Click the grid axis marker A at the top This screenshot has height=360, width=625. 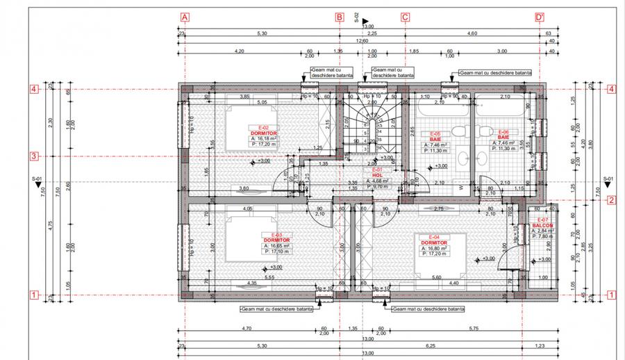[x=184, y=18]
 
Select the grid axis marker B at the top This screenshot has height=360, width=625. [x=339, y=18]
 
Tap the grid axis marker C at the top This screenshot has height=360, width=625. [x=404, y=18]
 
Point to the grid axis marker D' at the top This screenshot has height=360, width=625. [x=539, y=18]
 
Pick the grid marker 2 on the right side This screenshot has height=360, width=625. [x=612, y=202]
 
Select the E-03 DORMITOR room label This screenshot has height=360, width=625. [x=276, y=238]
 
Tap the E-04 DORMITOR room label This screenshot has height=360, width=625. [x=432, y=238]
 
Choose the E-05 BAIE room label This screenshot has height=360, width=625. [x=435, y=136]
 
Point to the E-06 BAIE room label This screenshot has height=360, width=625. [x=503, y=136]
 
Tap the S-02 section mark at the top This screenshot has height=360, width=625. [x=357, y=18]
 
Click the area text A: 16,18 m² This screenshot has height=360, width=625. [x=263, y=139]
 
